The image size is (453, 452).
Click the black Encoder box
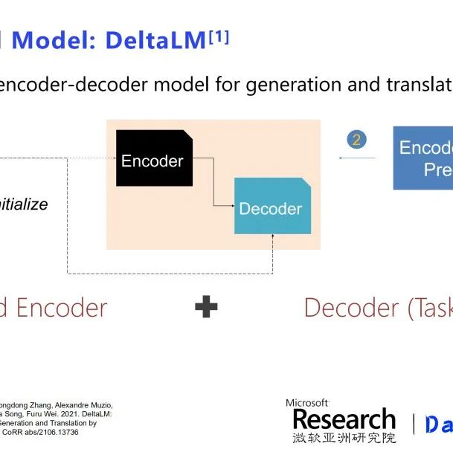point(153,158)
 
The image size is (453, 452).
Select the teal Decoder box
point(272,206)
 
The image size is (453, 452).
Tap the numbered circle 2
point(357,140)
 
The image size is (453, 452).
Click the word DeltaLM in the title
point(155,40)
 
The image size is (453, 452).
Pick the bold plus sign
point(206,307)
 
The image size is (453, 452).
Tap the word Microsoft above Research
point(307,402)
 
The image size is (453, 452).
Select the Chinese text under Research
point(344,438)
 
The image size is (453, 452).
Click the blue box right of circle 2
point(423,158)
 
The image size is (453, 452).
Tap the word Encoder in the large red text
point(62,307)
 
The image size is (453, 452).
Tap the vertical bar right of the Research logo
point(414,424)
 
